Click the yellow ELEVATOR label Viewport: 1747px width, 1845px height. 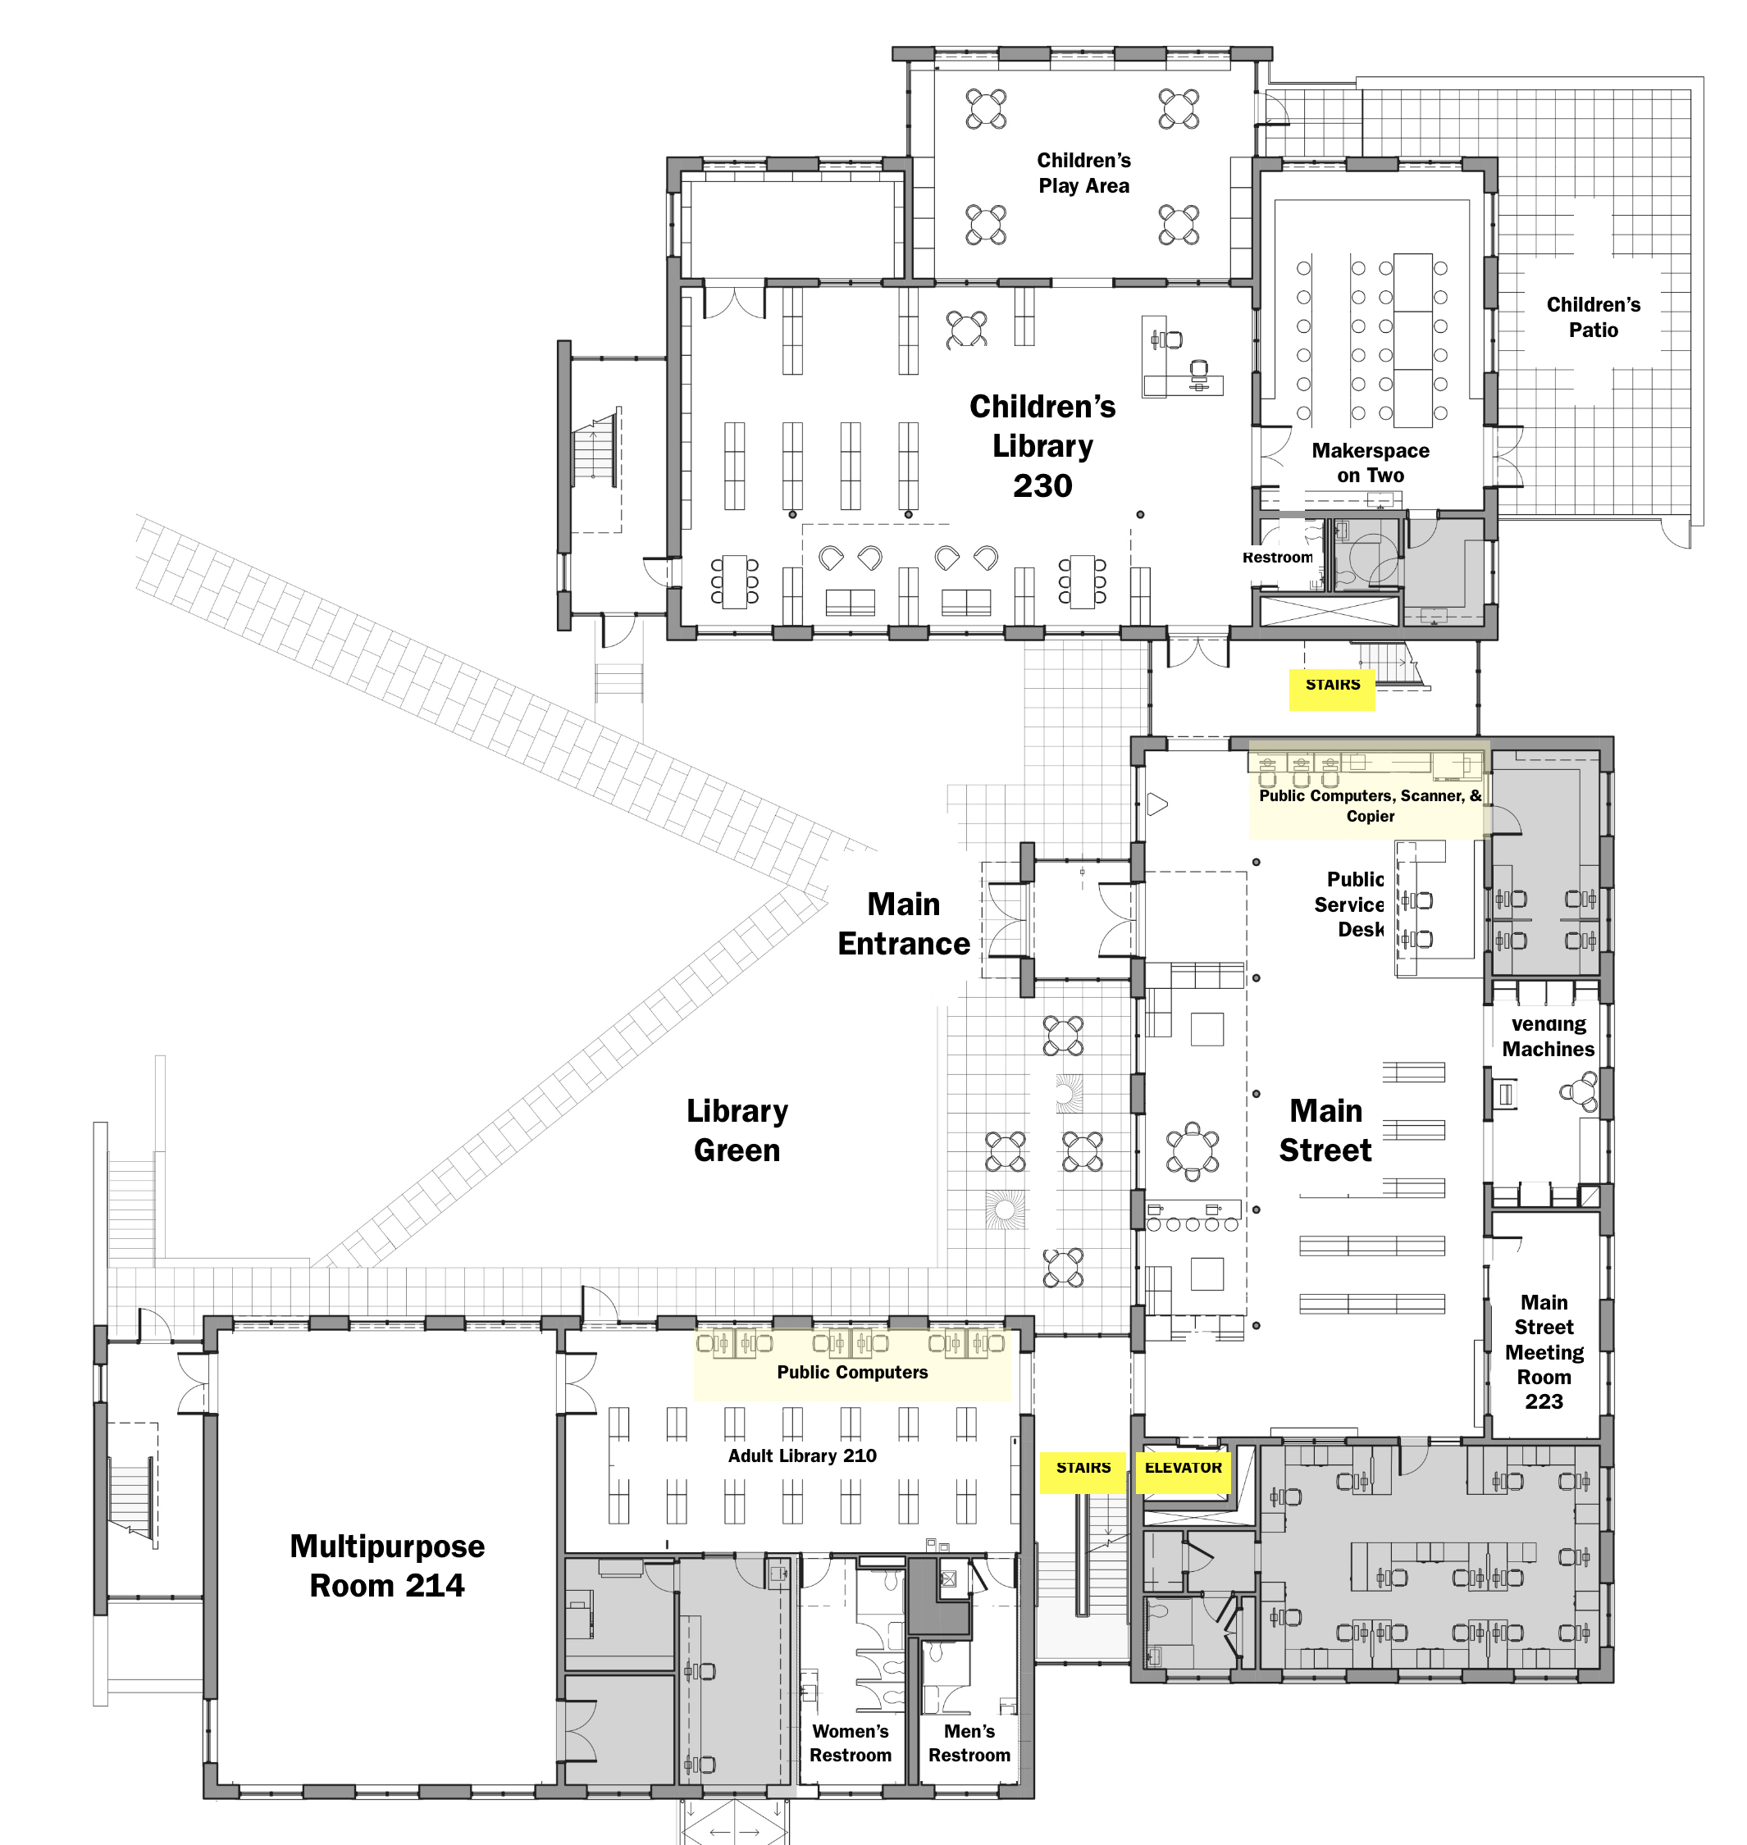point(1183,1467)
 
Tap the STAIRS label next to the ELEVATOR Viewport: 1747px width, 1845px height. point(1083,1467)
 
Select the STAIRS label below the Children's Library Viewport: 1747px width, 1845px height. point(1333,684)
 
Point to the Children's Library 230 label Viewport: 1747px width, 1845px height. point(1042,446)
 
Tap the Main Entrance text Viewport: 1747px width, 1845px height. point(903,923)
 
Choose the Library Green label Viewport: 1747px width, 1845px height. point(737,1130)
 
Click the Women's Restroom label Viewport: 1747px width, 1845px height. point(851,1742)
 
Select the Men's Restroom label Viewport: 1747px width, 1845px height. point(969,1742)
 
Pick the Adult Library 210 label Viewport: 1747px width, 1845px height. point(802,1455)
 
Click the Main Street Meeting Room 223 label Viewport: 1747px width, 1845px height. point(1544,1351)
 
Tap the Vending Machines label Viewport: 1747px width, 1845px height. point(1548,1036)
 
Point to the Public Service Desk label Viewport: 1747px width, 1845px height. point(1349,904)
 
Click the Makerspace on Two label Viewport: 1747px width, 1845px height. point(1371,462)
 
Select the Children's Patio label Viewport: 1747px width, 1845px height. point(1594,317)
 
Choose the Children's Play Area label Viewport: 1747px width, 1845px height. point(1084,172)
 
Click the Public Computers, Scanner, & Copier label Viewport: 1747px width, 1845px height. point(1370,805)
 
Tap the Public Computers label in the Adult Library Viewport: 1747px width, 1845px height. point(852,1372)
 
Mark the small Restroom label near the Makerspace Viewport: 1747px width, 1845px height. point(1277,557)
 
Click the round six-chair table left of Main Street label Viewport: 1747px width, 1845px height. point(1192,1150)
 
